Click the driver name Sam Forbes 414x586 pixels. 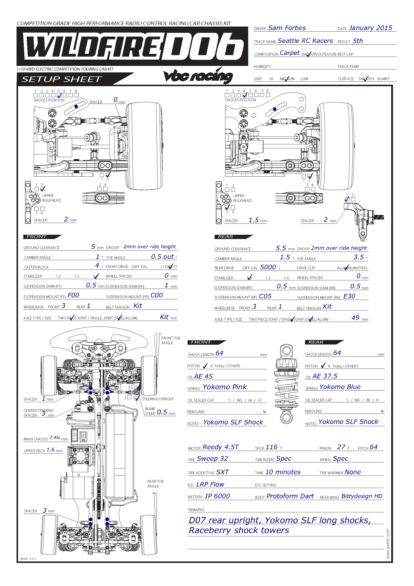point(287,28)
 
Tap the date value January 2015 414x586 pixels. point(370,28)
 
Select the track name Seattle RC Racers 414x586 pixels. point(305,41)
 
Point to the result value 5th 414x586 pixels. point(358,41)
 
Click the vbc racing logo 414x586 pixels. point(198,76)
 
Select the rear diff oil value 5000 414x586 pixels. point(268,267)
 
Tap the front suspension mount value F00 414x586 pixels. point(73,295)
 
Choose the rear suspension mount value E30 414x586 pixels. point(349,296)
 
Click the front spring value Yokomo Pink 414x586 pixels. point(224,387)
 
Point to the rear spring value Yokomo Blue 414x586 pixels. point(340,387)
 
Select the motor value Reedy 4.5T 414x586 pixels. point(221,447)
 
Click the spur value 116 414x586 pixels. point(271,447)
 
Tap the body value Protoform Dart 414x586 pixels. point(290,496)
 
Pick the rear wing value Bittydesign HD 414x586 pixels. point(362,496)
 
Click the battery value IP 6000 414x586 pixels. point(217,496)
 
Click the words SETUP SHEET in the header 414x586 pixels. point(62,79)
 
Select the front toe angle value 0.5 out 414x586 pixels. point(163,257)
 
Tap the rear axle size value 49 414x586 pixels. point(355,318)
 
